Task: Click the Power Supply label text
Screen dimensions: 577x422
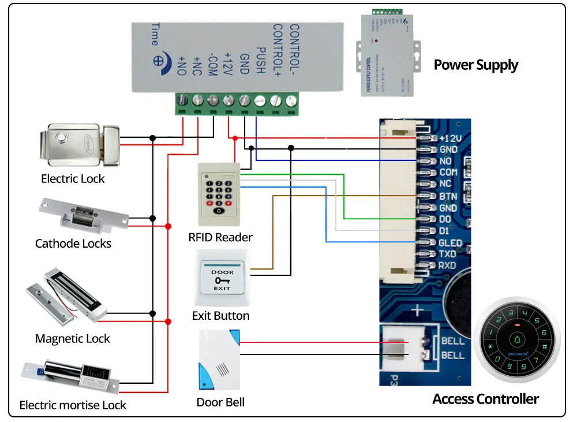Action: pos(475,65)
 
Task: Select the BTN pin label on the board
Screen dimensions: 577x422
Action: pos(448,196)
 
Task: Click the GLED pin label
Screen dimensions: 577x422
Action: pos(451,242)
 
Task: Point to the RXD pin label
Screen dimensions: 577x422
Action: pos(447,266)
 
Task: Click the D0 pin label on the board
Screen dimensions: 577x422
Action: pos(445,219)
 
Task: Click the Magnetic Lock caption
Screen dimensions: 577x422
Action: pos(72,339)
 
